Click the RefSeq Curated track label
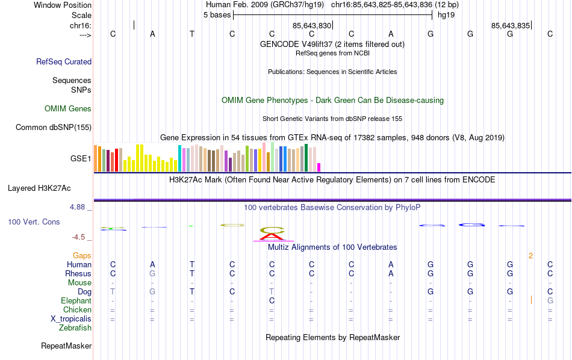64,61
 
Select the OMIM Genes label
68,109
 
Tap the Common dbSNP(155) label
54,127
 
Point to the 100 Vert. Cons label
34,222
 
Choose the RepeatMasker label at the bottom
66,346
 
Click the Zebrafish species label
75,328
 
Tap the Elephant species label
76,301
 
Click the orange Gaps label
82,256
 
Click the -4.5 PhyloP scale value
79,237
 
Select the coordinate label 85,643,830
312,26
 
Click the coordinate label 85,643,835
511,26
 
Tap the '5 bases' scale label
217,15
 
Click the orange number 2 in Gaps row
530,256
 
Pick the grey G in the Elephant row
550,301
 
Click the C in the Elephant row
272,301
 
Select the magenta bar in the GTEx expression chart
319,167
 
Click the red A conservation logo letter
273,235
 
